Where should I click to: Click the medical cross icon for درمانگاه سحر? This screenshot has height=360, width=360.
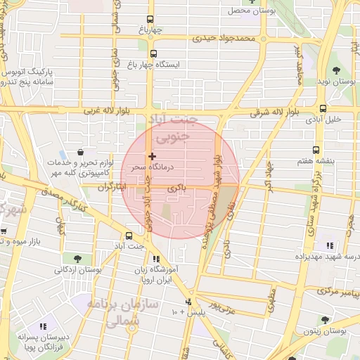[x=152, y=155]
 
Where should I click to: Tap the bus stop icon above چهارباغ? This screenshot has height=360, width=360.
[x=149, y=20]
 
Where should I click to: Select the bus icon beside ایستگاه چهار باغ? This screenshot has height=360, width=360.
[x=154, y=52]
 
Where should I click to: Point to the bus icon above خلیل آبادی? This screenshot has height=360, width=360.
[x=323, y=108]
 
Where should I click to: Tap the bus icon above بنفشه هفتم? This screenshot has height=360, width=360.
[x=316, y=150]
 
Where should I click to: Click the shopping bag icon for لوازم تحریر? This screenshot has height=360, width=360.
[x=82, y=152]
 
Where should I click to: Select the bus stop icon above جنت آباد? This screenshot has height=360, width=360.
[x=129, y=236]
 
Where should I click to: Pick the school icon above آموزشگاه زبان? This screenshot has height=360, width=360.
[x=155, y=259]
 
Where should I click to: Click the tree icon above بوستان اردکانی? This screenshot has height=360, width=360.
[x=77, y=259]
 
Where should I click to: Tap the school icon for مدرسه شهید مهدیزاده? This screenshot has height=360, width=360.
[x=329, y=245]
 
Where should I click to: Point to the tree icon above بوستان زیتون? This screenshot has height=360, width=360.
[x=325, y=319]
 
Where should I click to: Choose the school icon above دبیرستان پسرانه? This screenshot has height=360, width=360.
[x=44, y=327]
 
